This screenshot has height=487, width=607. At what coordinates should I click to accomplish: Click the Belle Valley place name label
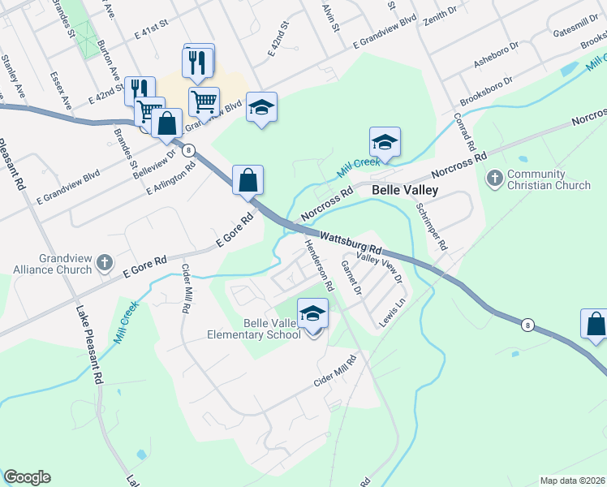[x=404, y=190]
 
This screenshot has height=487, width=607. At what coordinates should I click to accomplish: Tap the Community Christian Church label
[x=549, y=180]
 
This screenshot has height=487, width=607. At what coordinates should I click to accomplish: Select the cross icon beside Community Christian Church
[x=494, y=176]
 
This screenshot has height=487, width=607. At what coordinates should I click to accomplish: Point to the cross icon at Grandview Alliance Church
[x=103, y=262]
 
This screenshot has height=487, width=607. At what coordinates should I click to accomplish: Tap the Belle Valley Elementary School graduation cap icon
[x=312, y=312]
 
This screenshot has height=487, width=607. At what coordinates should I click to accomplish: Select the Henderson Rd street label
[x=319, y=265]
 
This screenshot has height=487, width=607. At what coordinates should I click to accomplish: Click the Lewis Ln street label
[x=394, y=315]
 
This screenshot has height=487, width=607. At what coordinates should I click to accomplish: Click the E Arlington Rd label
[x=172, y=179]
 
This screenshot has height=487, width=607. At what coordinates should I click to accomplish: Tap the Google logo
[x=27, y=477]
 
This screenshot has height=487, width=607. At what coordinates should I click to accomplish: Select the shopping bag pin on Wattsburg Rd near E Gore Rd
[x=248, y=181]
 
